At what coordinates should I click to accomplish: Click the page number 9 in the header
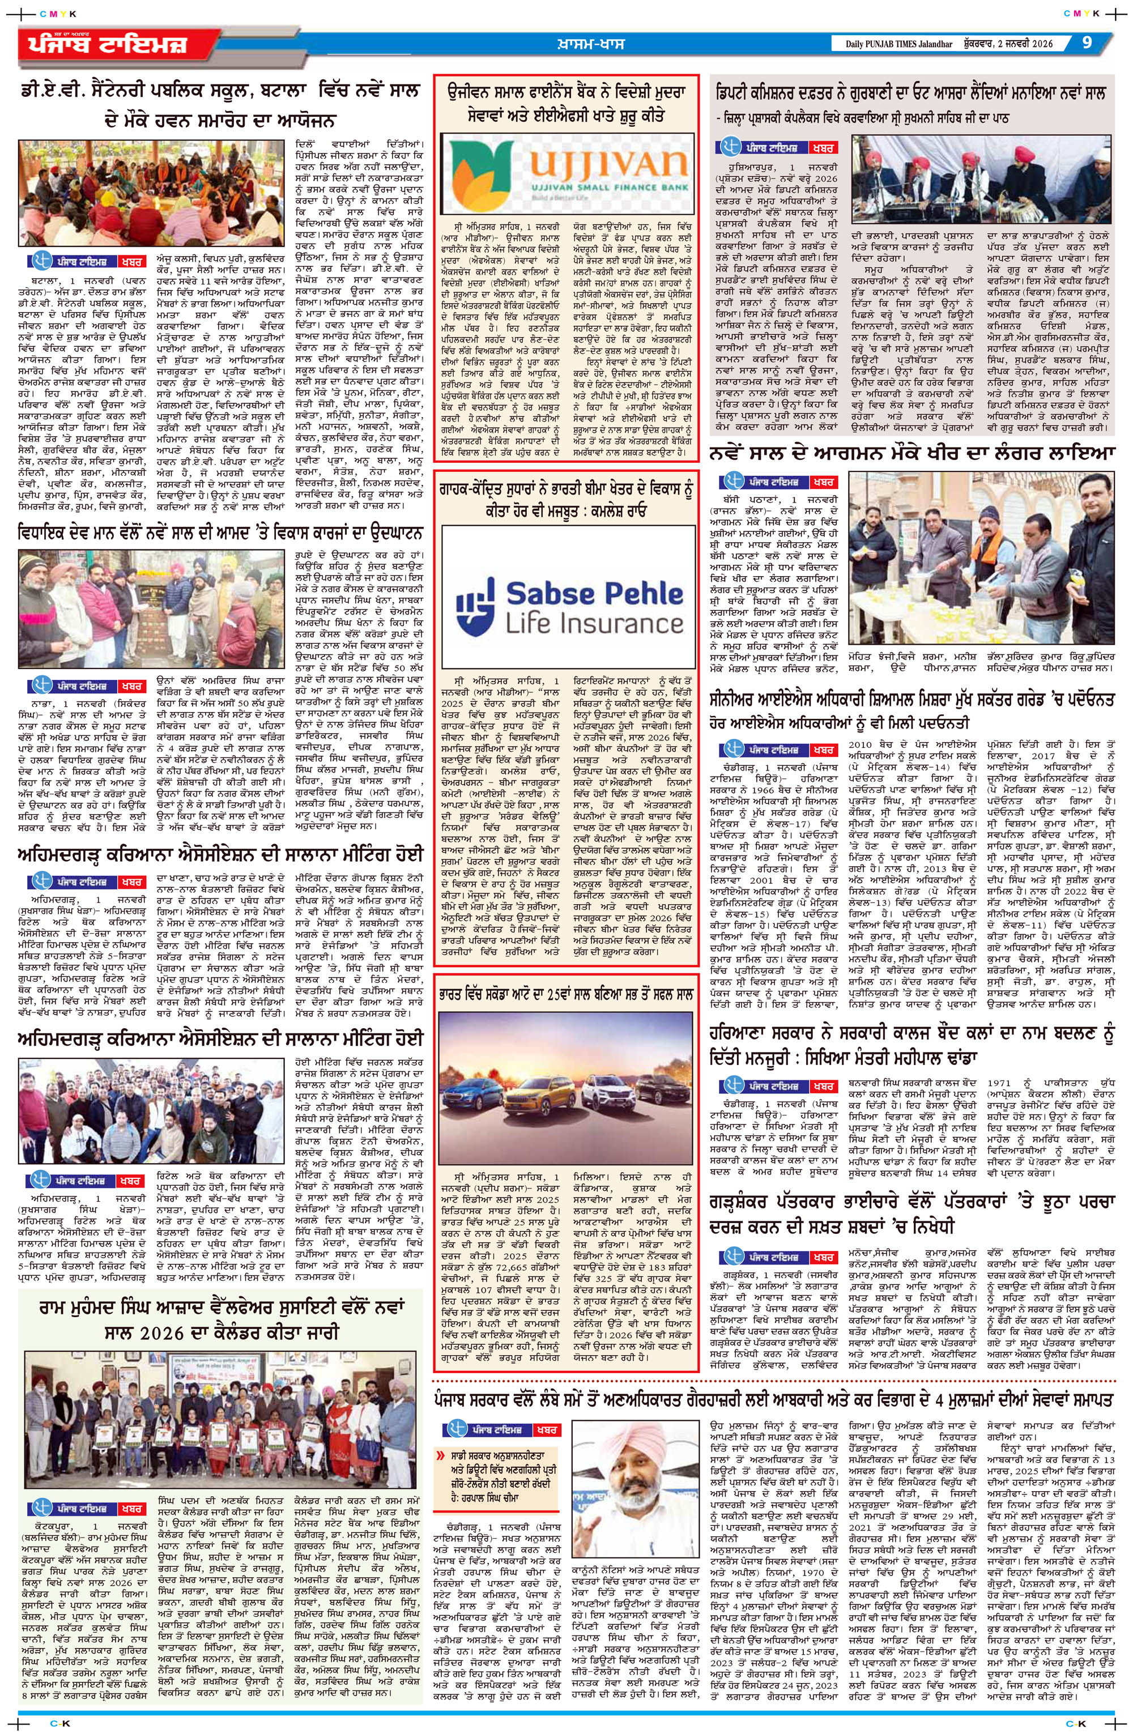click(x=1087, y=42)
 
